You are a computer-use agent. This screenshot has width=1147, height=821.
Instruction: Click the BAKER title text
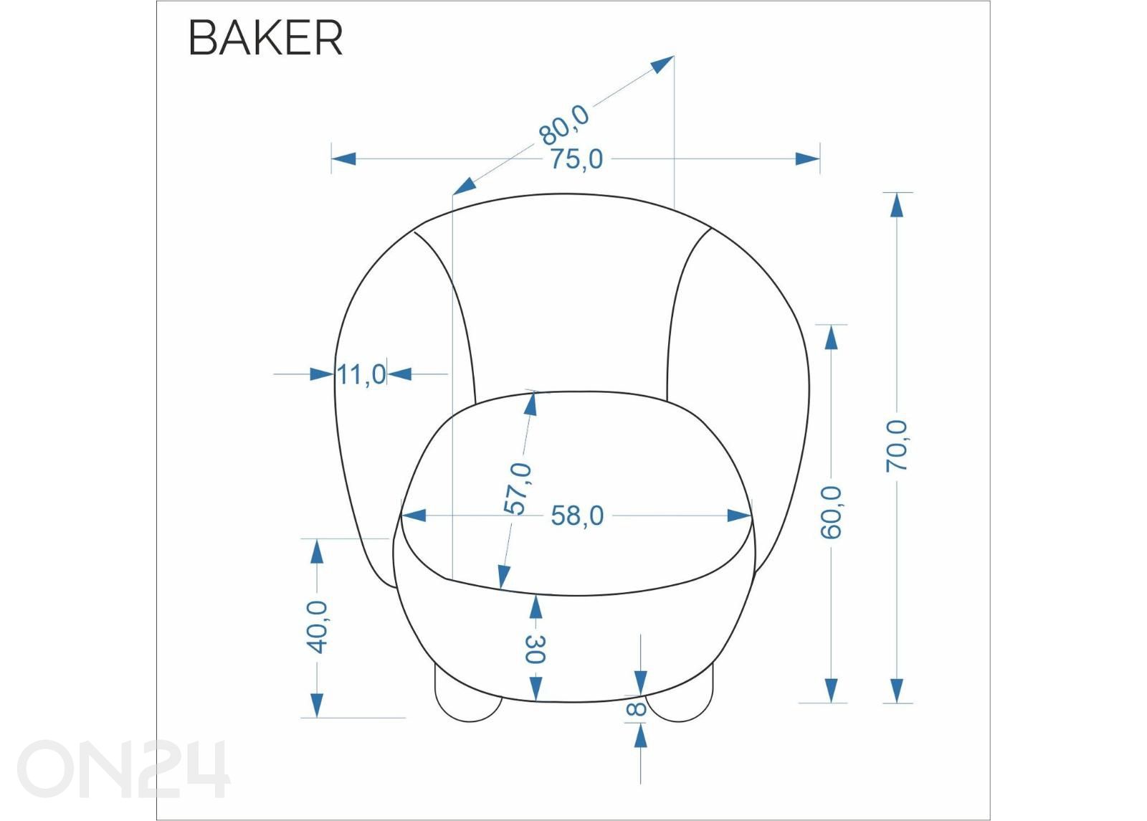click(x=265, y=38)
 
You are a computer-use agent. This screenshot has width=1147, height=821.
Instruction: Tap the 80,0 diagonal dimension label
click(x=563, y=125)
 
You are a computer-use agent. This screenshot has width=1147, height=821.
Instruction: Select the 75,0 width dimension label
click(x=576, y=159)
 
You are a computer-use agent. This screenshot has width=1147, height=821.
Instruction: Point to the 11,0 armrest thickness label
click(x=361, y=374)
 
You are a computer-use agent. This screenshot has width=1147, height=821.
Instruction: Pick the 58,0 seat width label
click(x=577, y=516)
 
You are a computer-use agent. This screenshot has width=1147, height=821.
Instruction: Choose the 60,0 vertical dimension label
click(x=831, y=513)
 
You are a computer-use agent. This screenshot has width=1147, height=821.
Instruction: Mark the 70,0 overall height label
click(x=896, y=446)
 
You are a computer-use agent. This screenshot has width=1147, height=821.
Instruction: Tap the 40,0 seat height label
click(x=317, y=627)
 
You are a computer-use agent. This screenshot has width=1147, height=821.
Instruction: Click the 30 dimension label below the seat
click(x=535, y=650)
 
